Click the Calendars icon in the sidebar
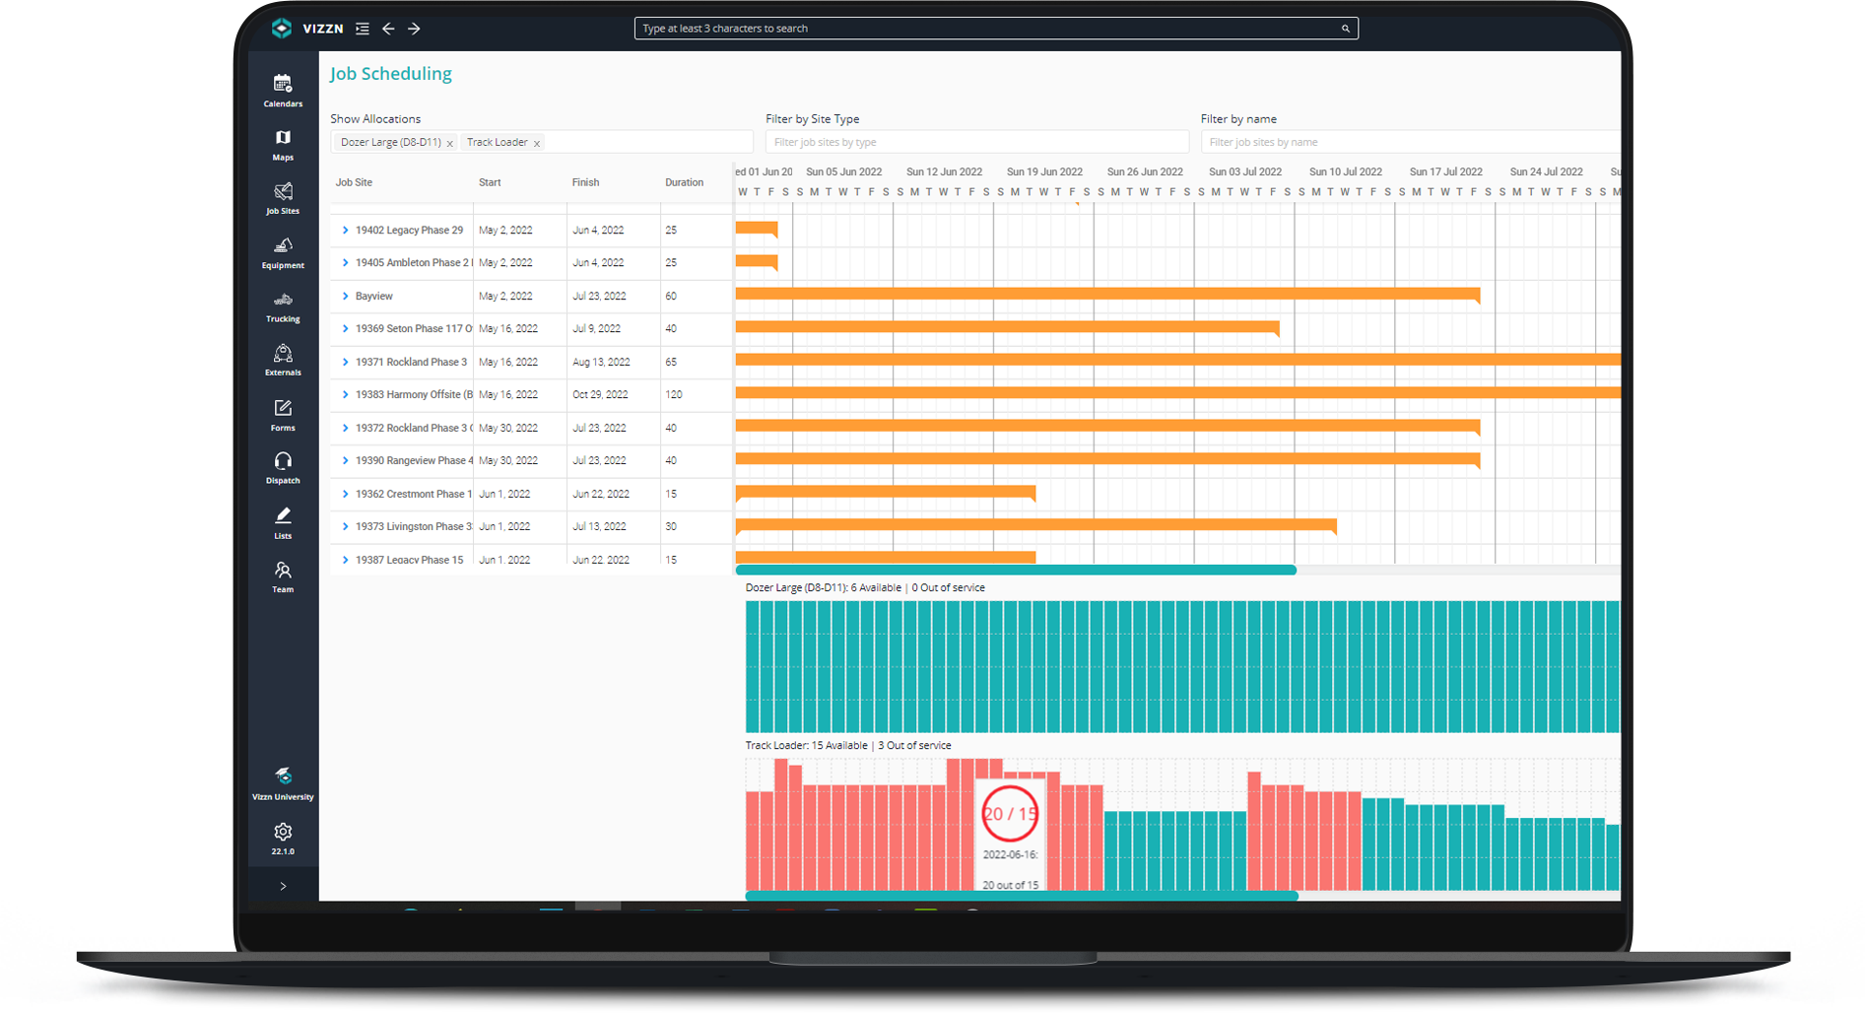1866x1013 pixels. point(283,84)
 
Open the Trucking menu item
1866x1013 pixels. point(283,301)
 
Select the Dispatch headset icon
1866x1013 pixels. point(283,461)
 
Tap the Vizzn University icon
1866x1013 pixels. point(283,777)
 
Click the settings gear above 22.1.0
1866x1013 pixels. point(283,832)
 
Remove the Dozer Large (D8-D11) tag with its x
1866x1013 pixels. point(450,144)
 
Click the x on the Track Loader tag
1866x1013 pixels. point(537,144)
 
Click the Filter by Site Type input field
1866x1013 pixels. point(975,142)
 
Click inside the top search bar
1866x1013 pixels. point(985,29)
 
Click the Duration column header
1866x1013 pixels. point(684,182)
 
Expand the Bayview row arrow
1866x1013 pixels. point(345,296)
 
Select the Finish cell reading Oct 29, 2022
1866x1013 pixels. point(600,394)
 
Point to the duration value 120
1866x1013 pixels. point(674,394)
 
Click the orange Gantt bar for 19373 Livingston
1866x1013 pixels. point(1034,525)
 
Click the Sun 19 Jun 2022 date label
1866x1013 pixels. point(1044,171)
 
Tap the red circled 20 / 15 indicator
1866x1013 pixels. point(1010,814)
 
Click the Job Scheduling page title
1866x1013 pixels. point(390,74)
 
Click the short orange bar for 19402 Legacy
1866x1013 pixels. point(756,229)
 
